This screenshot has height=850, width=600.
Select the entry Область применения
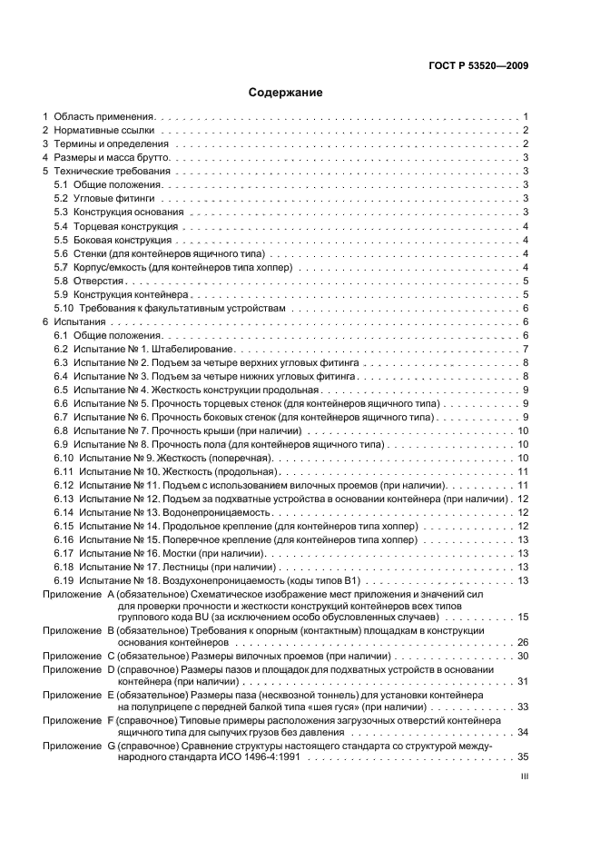click(105, 117)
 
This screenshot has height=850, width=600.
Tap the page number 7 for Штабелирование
click(526, 350)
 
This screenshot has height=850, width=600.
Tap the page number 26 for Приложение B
click(523, 641)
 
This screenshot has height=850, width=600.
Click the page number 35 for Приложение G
click(523, 756)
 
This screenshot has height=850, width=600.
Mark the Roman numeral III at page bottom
click(524, 777)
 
